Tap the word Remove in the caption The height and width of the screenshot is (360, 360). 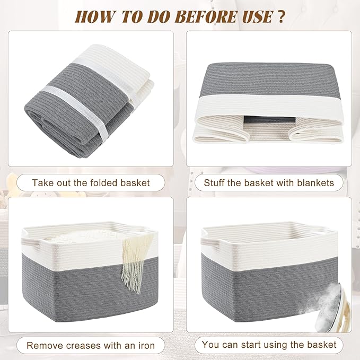click(x=45, y=346)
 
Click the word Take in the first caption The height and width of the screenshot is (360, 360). click(x=42, y=183)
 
